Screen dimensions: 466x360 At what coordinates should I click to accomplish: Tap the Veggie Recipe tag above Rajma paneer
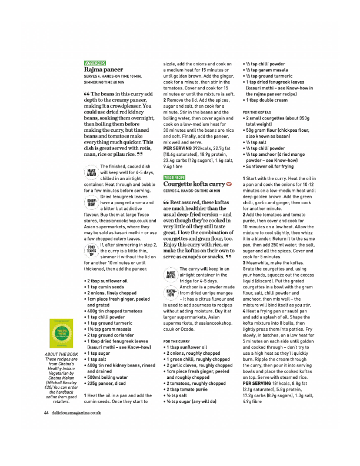point(95,62)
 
